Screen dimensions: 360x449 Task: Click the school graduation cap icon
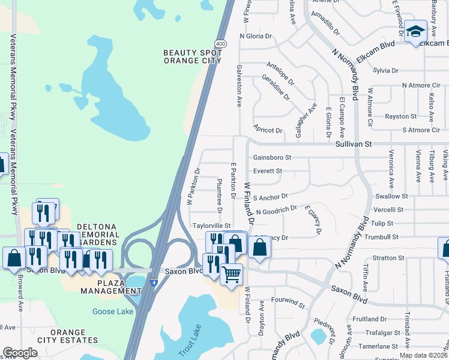coord(415,32)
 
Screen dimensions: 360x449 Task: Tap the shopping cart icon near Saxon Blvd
coord(231,275)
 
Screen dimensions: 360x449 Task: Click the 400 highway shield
coord(221,44)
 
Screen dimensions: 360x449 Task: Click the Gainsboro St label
coord(272,158)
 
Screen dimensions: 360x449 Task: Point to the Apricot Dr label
coord(268,130)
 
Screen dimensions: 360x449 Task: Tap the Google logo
coord(20,353)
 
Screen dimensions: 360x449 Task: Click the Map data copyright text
coord(424,355)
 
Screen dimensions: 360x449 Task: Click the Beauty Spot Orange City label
coord(192,56)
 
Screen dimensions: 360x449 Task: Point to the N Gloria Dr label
coord(255,36)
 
